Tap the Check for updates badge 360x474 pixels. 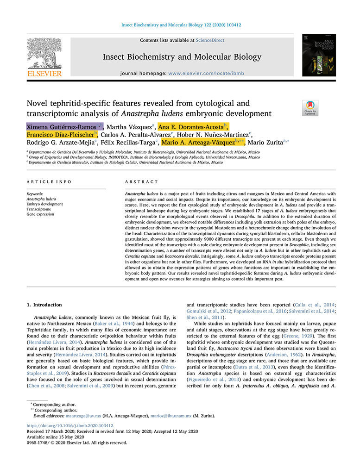click(310, 107)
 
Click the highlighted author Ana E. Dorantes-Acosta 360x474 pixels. click(191, 127)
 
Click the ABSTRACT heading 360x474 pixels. click(142, 182)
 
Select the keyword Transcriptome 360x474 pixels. click(38, 209)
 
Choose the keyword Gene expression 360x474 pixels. click(40, 214)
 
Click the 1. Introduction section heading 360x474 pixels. click(44, 305)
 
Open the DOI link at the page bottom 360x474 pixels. click(69, 425)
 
